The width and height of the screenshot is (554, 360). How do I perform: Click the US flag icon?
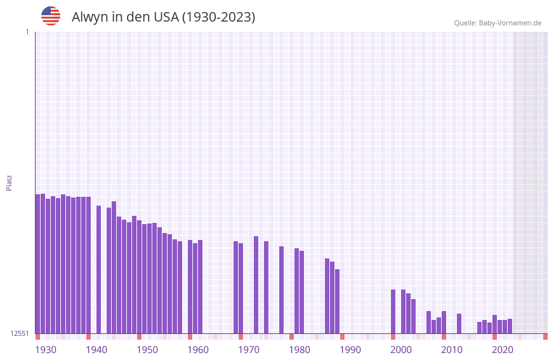point(51,16)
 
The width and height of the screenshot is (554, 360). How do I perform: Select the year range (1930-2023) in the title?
point(218,17)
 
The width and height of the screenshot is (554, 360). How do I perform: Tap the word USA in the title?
point(166,17)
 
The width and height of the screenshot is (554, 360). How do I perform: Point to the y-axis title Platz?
point(9,182)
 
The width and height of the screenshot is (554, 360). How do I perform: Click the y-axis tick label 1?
point(27,32)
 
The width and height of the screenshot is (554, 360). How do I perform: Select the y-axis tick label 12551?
point(20,333)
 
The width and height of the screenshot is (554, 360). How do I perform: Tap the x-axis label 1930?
point(46,350)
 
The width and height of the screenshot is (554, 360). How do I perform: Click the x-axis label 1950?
point(147,350)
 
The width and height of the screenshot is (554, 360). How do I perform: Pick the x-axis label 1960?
point(198,350)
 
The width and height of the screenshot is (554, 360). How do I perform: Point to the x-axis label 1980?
point(300,350)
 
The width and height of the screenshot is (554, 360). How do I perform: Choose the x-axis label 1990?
point(350,350)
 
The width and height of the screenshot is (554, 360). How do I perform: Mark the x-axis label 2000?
point(401,350)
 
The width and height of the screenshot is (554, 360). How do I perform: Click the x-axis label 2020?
point(503,350)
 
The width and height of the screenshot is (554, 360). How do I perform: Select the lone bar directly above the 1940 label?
point(99,269)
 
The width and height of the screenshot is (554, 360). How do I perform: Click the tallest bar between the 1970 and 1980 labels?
point(256,284)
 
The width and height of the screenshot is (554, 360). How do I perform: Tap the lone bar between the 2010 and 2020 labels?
point(459,323)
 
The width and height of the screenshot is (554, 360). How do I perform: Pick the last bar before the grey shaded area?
point(510,326)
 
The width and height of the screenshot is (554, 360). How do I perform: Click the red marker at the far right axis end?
point(545,337)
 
